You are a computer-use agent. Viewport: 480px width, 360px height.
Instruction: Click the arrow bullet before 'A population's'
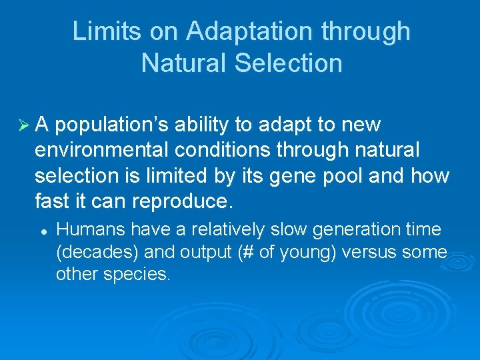[22, 124]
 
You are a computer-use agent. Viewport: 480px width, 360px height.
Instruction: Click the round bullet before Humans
[42, 230]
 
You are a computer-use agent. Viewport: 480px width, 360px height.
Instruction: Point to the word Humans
[91, 230]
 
